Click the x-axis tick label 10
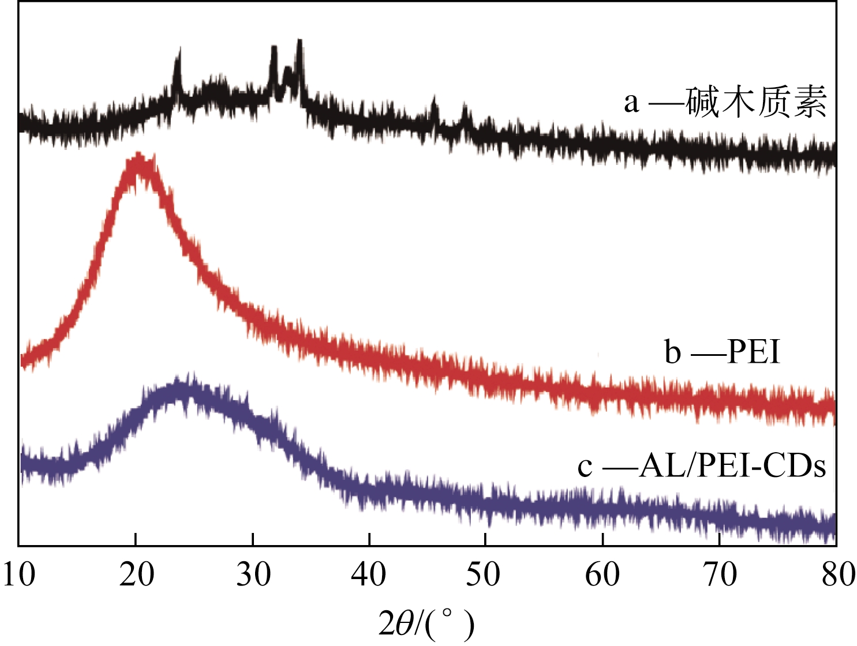coord(19,575)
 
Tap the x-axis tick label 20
coord(136,575)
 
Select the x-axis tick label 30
coord(253,575)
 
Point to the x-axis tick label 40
coord(369,575)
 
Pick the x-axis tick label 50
coord(486,575)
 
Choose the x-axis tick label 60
coord(602,575)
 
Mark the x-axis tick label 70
coord(719,575)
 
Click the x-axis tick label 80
coord(836,575)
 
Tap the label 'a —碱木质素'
coord(725,102)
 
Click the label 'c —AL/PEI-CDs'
coord(702,466)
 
